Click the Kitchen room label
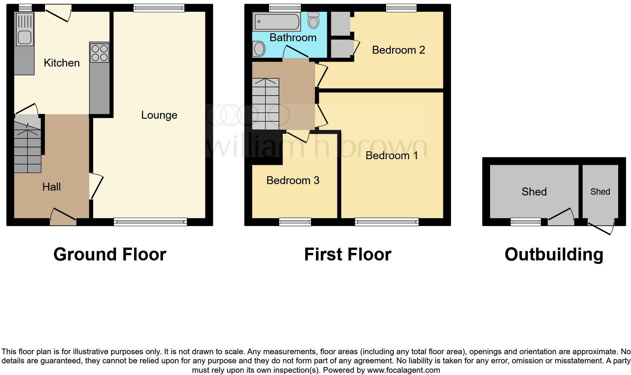pos(62,63)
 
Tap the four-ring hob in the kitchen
pos(100,53)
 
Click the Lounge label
pos(159,115)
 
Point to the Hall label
pos(51,187)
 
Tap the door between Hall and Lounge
pos(96,186)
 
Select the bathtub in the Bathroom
pos(277,22)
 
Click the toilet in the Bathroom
pos(313,21)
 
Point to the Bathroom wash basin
pos(259,49)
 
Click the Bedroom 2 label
pos(398,50)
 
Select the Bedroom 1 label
pos(391,155)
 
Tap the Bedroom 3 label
pos(293,180)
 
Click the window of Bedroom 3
pos(295,222)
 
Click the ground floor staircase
pos(28,146)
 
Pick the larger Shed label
pos(534,192)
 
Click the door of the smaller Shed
pos(601,228)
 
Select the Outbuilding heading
pos(554,254)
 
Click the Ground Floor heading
pos(109,254)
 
